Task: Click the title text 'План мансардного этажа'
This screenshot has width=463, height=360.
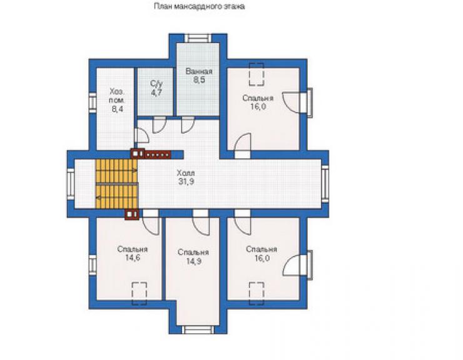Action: (x=200, y=6)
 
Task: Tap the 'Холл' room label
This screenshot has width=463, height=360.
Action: (x=186, y=173)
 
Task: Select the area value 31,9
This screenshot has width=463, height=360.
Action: (x=186, y=182)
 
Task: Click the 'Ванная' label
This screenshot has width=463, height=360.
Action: (x=199, y=71)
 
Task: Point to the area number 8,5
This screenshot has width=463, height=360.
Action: (x=200, y=80)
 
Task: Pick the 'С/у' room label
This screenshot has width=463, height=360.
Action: (x=156, y=84)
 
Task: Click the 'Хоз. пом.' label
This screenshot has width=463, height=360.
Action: (x=117, y=95)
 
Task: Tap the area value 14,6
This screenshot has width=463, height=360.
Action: (x=132, y=258)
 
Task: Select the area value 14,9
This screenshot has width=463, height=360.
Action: (x=194, y=261)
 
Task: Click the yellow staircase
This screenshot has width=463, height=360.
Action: (x=116, y=184)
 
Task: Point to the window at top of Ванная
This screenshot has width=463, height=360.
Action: (x=198, y=38)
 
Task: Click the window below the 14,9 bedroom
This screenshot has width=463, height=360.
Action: (x=198, y=329)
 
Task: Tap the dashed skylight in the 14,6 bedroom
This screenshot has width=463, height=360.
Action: (x=140, y=294)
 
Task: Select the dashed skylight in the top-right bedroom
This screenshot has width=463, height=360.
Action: (x=257, y=74)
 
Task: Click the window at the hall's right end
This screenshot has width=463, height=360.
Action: (x=325, y=183)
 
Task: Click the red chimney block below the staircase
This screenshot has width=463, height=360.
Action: (x=131, y=214)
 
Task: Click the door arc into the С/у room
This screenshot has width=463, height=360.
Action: (x=160, y=125)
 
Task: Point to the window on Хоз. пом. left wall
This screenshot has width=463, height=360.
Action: (x=93, y=102)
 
